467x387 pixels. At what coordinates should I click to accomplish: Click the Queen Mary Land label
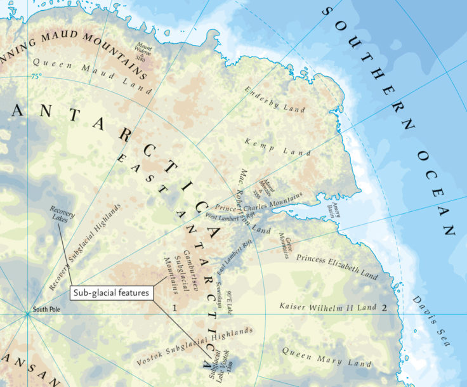click(x=326, y=358)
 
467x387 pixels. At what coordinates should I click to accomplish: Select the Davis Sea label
click(x=431, y=321)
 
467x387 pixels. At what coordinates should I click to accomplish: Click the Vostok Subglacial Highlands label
click(x=195, y=347)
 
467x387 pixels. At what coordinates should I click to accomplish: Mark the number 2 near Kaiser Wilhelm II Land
click(x=383, y=308)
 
